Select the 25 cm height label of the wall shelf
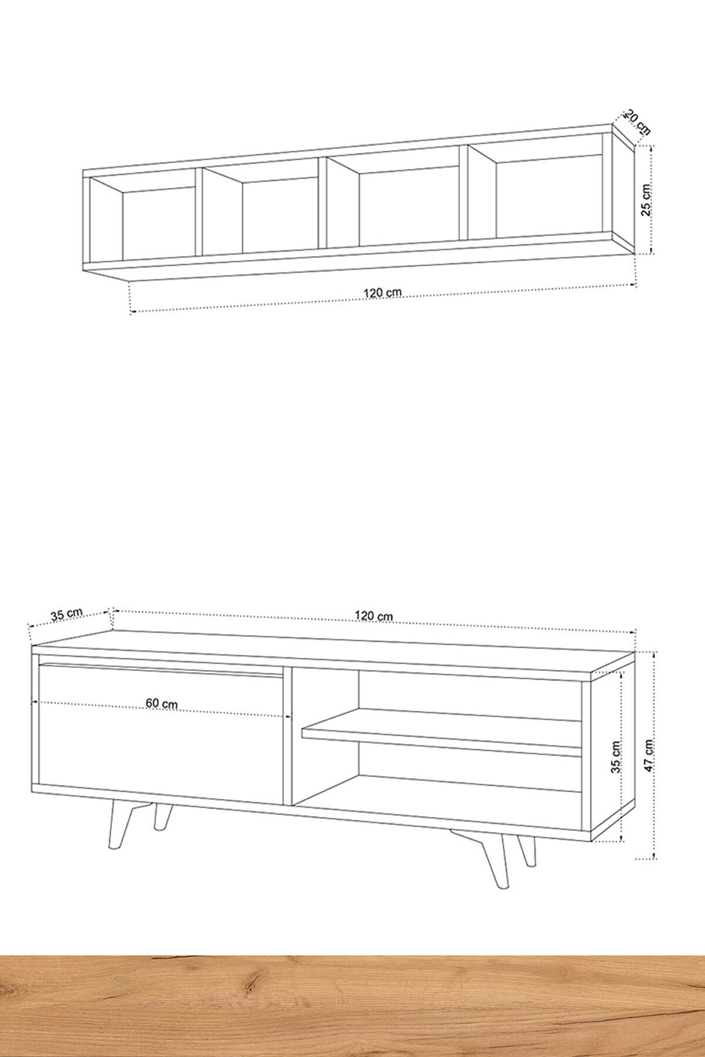point(646,200)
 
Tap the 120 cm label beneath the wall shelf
point(382,293)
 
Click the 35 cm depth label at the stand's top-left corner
point(67,614)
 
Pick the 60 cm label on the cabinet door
point(162,704)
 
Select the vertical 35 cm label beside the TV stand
point(616,757)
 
